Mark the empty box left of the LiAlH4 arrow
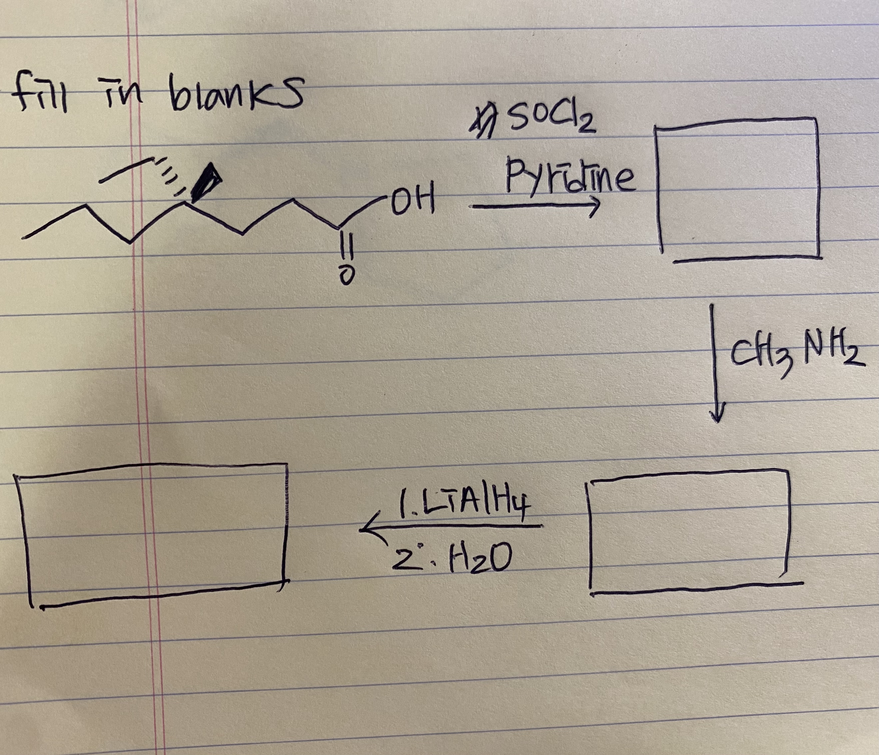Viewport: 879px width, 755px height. click(x=153, y=532)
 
